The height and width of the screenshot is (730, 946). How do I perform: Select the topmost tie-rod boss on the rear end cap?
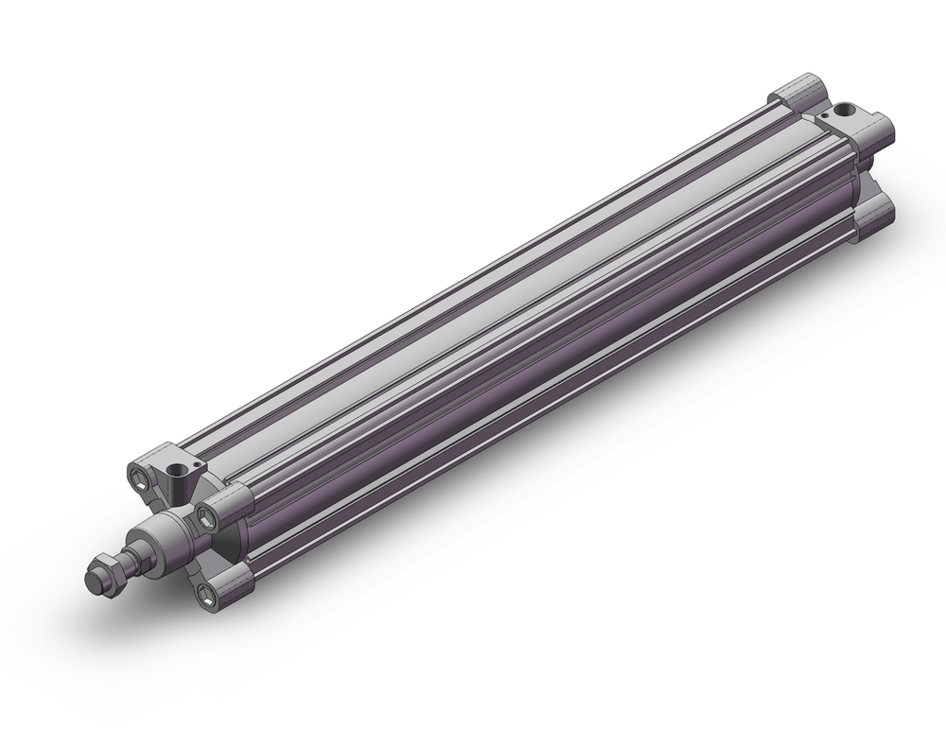coord(801,96)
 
